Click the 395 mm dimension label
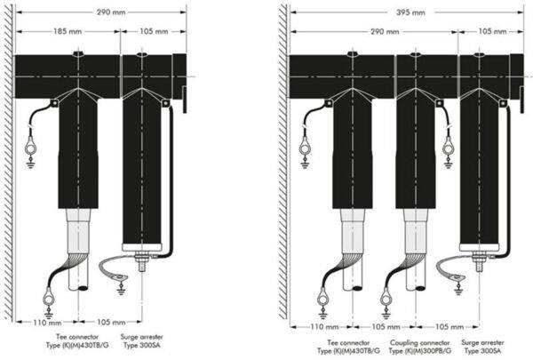[410, 12]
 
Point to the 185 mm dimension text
[68, 31]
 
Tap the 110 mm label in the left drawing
[47, 322]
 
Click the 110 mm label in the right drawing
[324, 327]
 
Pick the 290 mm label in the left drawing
[111, 12]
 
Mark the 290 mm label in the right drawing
[385, 32]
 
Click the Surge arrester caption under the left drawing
[142, 341]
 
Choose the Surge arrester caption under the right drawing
[482, 347]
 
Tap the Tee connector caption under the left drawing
[77, 341]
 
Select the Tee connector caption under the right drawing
[349, 347]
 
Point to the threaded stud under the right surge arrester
[480, 262]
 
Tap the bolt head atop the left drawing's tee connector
[78, 53]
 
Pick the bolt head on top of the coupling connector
[415, 54]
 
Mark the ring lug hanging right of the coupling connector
[449, 148]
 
